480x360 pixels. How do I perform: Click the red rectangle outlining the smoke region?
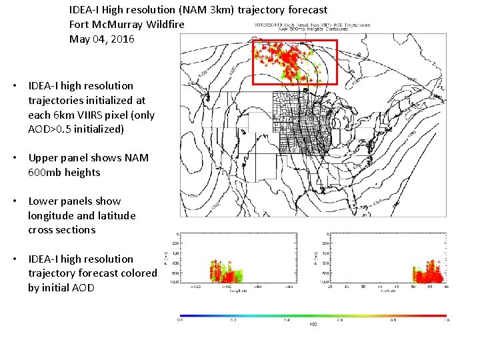pyautogui.click(x=295, y=41)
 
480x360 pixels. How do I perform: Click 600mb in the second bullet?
pyautogui.click(x=41, y=173)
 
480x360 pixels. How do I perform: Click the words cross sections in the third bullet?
pyautogui.click(x=62, y=230)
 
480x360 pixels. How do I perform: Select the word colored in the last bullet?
pyautogui.click(x=137, y=273)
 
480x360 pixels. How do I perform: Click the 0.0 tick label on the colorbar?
pyautogui.click(x=180, y=321)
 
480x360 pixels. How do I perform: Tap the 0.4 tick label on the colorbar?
pyautogui.click(x=285, y=321)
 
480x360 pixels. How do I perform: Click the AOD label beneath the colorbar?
pyautogui.click(x=312, y=325)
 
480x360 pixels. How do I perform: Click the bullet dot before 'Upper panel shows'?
pyautogui.click(x=14, y=158)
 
